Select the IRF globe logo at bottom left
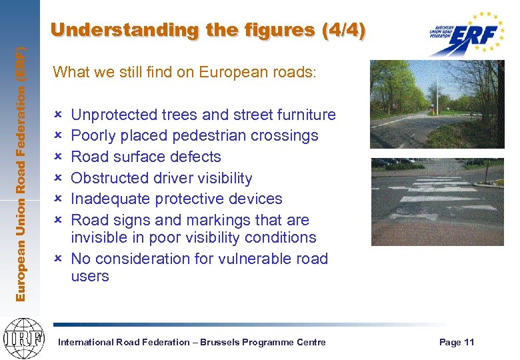click(x=23, y=337)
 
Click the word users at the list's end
click(x=89, y=276)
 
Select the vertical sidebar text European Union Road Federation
click(x=21, y=173)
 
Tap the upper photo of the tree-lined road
click(x=437, y=104)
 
